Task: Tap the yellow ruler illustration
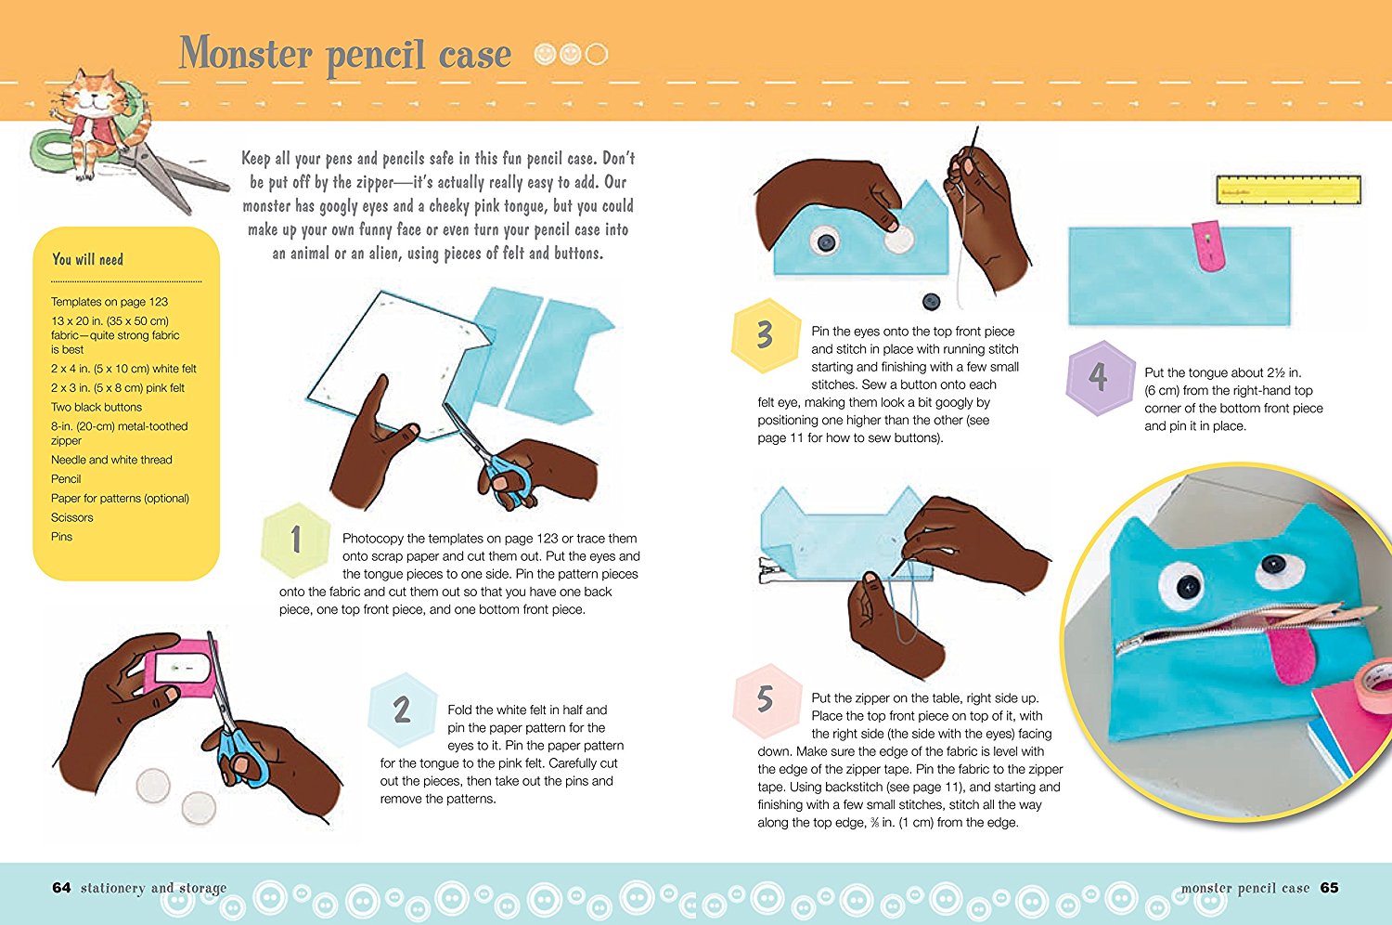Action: (1288, 189)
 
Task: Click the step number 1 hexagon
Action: (296, 540)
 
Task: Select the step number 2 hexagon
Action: (402, 710)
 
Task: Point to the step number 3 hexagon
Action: (766, 335)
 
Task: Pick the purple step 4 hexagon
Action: (1100, 377)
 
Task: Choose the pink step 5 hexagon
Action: (767, 700)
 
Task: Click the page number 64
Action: (61, 888)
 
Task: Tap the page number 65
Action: (1329, 888)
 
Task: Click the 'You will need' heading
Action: (87, 259)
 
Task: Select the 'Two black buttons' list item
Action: (97, 407)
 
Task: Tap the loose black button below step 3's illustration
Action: (931, 303)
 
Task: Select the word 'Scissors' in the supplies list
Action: (72, 517)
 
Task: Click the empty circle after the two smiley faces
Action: (597, 54)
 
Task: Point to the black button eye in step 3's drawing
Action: (826, 242)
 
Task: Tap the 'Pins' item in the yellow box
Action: (61, 537)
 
